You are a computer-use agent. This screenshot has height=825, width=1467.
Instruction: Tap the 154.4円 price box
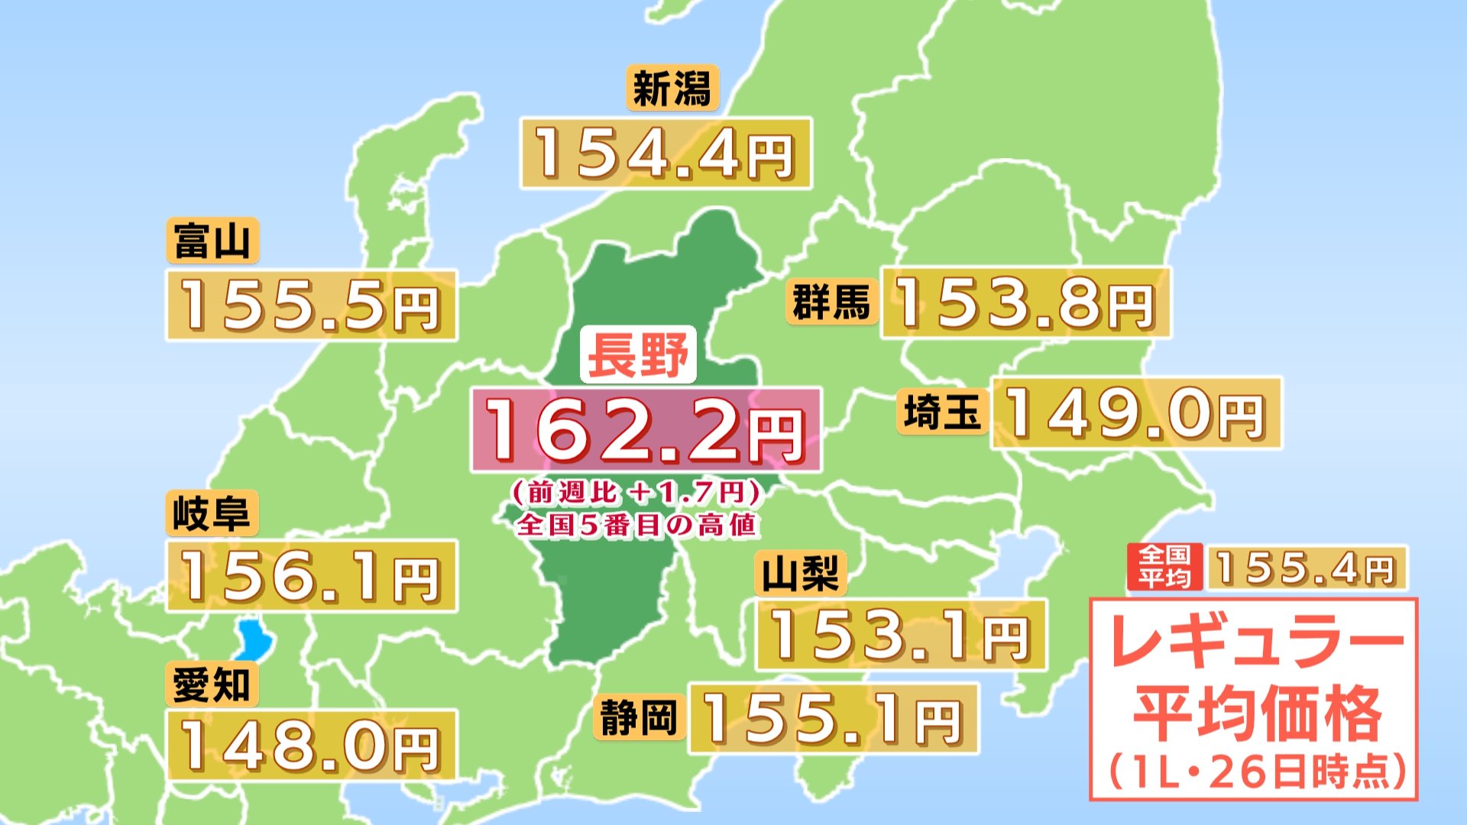click(665, 154)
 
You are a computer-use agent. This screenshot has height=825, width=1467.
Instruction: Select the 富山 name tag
click(212, 241)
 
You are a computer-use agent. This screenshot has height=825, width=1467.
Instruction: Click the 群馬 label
click(831, 302)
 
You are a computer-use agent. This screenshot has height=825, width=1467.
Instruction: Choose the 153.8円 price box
click(1025, 303)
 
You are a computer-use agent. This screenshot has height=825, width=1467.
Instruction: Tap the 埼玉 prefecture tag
click(942, 412)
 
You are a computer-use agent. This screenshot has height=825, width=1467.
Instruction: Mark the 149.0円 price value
click(1135, 413)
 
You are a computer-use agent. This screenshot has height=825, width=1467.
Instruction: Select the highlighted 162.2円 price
click(646, 430)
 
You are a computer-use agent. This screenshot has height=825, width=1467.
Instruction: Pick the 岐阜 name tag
click(212, 513)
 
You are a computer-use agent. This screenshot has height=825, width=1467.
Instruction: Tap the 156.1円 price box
click(311, 576)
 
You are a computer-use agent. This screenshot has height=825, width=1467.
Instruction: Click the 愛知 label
click(212, 684)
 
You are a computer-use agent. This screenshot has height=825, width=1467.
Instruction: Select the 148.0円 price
click(311, 746)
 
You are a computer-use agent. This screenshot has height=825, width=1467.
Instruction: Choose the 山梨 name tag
click(801, 573)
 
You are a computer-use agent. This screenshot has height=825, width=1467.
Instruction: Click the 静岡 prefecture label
click(639, 718)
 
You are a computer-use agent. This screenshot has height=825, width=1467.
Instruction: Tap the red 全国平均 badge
click(1164, 567)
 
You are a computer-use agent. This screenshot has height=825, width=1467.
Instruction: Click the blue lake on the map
click(251, 639)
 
